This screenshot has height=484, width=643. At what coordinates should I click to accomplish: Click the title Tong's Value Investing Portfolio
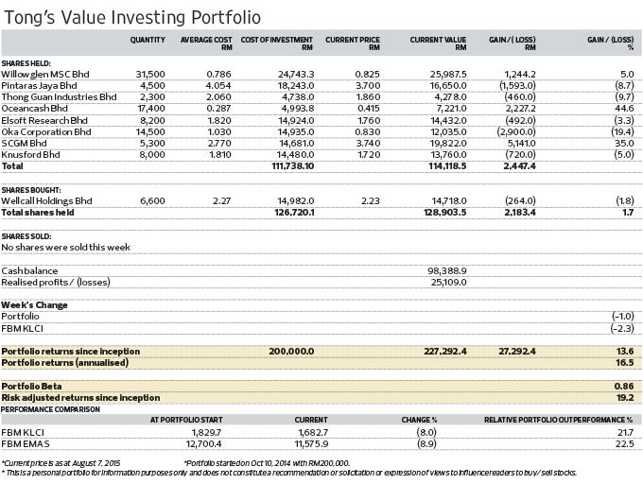(x=132, y=17)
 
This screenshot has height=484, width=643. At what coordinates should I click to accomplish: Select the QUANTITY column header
(x=148, y=40)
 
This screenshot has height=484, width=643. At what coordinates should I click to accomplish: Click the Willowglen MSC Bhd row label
(x=45, y=74)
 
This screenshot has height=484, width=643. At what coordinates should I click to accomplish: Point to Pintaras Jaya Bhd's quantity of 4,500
(x=152, y=86)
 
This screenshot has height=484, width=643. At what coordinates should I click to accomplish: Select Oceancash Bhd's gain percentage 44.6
(x=624, y=109)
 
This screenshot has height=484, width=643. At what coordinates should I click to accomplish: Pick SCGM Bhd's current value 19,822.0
(x=448, y=144)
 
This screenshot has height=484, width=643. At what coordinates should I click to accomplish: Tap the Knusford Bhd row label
(x=31, y=155)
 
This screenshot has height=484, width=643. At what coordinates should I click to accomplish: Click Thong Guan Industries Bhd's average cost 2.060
(x=219, y=97)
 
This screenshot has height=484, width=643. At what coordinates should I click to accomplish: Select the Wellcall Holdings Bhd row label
(x=46, y=201)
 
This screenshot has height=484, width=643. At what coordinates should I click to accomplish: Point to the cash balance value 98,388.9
(x=447, y=271)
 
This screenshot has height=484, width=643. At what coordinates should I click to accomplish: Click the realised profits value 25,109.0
(x=448, y=283)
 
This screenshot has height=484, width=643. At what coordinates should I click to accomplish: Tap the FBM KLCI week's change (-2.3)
(x=622, y=329)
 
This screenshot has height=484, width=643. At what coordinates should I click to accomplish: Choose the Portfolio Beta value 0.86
(x=624, y=387)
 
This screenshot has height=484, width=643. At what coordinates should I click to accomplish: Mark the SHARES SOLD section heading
(x=26, y=236)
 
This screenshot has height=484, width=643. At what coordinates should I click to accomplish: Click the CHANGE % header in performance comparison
(x=419, y=420)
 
